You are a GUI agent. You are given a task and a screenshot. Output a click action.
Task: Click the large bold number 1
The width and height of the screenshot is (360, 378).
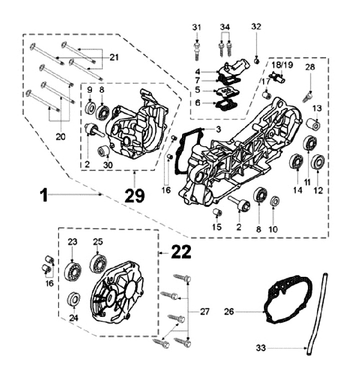pos(44,194)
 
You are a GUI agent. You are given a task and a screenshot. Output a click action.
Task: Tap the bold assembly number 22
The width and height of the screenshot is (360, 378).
pos(180,253)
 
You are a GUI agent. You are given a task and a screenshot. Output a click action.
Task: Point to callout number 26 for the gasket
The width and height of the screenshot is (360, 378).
pos(229,311)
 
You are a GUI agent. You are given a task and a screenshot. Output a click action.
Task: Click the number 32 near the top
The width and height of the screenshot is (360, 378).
pos(256,27)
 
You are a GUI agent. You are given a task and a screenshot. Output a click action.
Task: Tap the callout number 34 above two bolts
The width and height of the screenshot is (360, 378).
pos(225,27)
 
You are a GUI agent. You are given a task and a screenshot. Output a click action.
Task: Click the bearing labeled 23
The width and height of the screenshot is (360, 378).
pos(73,271)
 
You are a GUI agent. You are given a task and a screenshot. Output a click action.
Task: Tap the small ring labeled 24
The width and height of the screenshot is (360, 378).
pos(73,300)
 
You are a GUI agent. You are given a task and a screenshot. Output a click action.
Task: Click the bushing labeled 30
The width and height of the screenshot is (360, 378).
pos(104,150)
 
